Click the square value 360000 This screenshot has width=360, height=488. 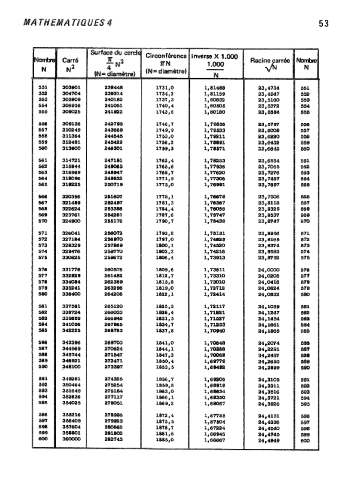click(70, 441)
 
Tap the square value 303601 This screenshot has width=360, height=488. click(70, 88)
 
